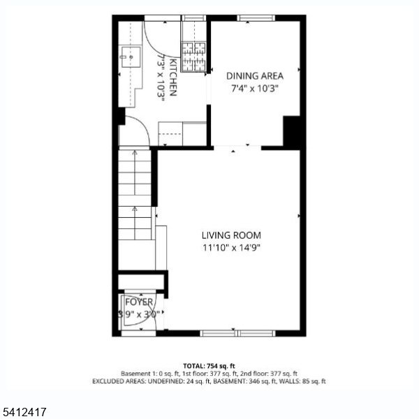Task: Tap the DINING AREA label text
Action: click(x=254, y=75)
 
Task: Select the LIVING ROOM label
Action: click(x=232, y=235)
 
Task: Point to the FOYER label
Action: click(x=140, y=302)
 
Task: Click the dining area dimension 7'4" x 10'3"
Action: click(x=254, y=89)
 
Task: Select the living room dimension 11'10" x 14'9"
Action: click(x=232, y=247)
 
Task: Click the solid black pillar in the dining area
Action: click(x=291, y=131)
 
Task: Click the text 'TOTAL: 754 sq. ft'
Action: click(x=209, y=366)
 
